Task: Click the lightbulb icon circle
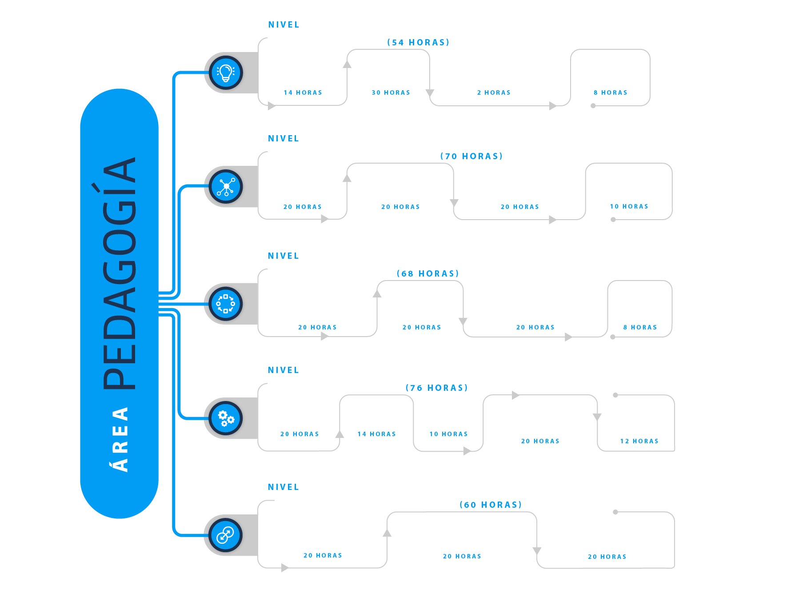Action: [226, 72]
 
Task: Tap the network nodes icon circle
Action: [226, 186]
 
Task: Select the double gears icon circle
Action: [226, 418]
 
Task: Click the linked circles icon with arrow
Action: [226, 535]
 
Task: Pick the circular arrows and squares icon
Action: [226, 304]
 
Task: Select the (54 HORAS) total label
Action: [418, 42]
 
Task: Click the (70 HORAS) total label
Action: [471, 156]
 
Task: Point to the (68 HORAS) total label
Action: [428, 273]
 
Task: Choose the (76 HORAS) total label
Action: [437, 388]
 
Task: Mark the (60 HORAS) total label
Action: [491, 505]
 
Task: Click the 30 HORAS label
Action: [391, 92]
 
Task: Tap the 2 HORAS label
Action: [494, 92]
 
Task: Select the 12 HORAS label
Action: [639, 441]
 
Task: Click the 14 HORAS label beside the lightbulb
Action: [303, 92]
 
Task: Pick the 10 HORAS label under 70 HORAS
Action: [629, 206]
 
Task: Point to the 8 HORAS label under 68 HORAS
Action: [640, 327]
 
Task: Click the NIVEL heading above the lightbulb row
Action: [284, 25]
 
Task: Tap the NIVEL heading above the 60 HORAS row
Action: [284, 487]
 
